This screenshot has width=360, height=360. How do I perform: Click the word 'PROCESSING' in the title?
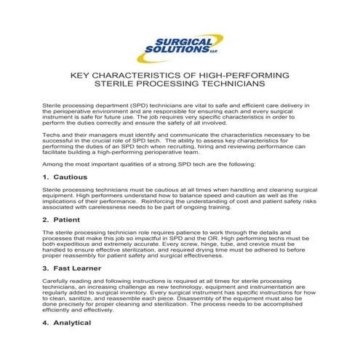pyautogui.click(x=168, y=84)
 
